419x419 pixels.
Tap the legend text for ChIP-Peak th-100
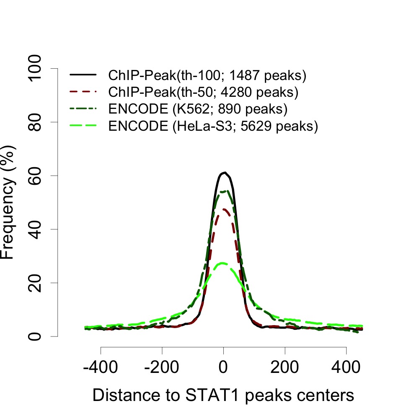[x=207, y=76]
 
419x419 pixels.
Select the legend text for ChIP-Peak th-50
[x=203, y=92]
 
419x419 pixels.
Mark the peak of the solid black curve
[x=225, y=172]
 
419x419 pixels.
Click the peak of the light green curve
[x=223, y=263]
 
